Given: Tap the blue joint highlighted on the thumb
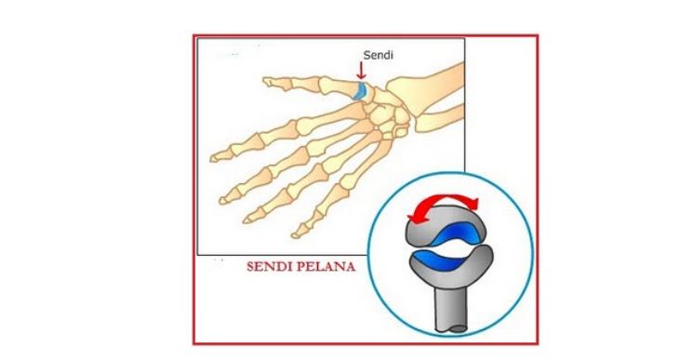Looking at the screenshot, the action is click(358, 90).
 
